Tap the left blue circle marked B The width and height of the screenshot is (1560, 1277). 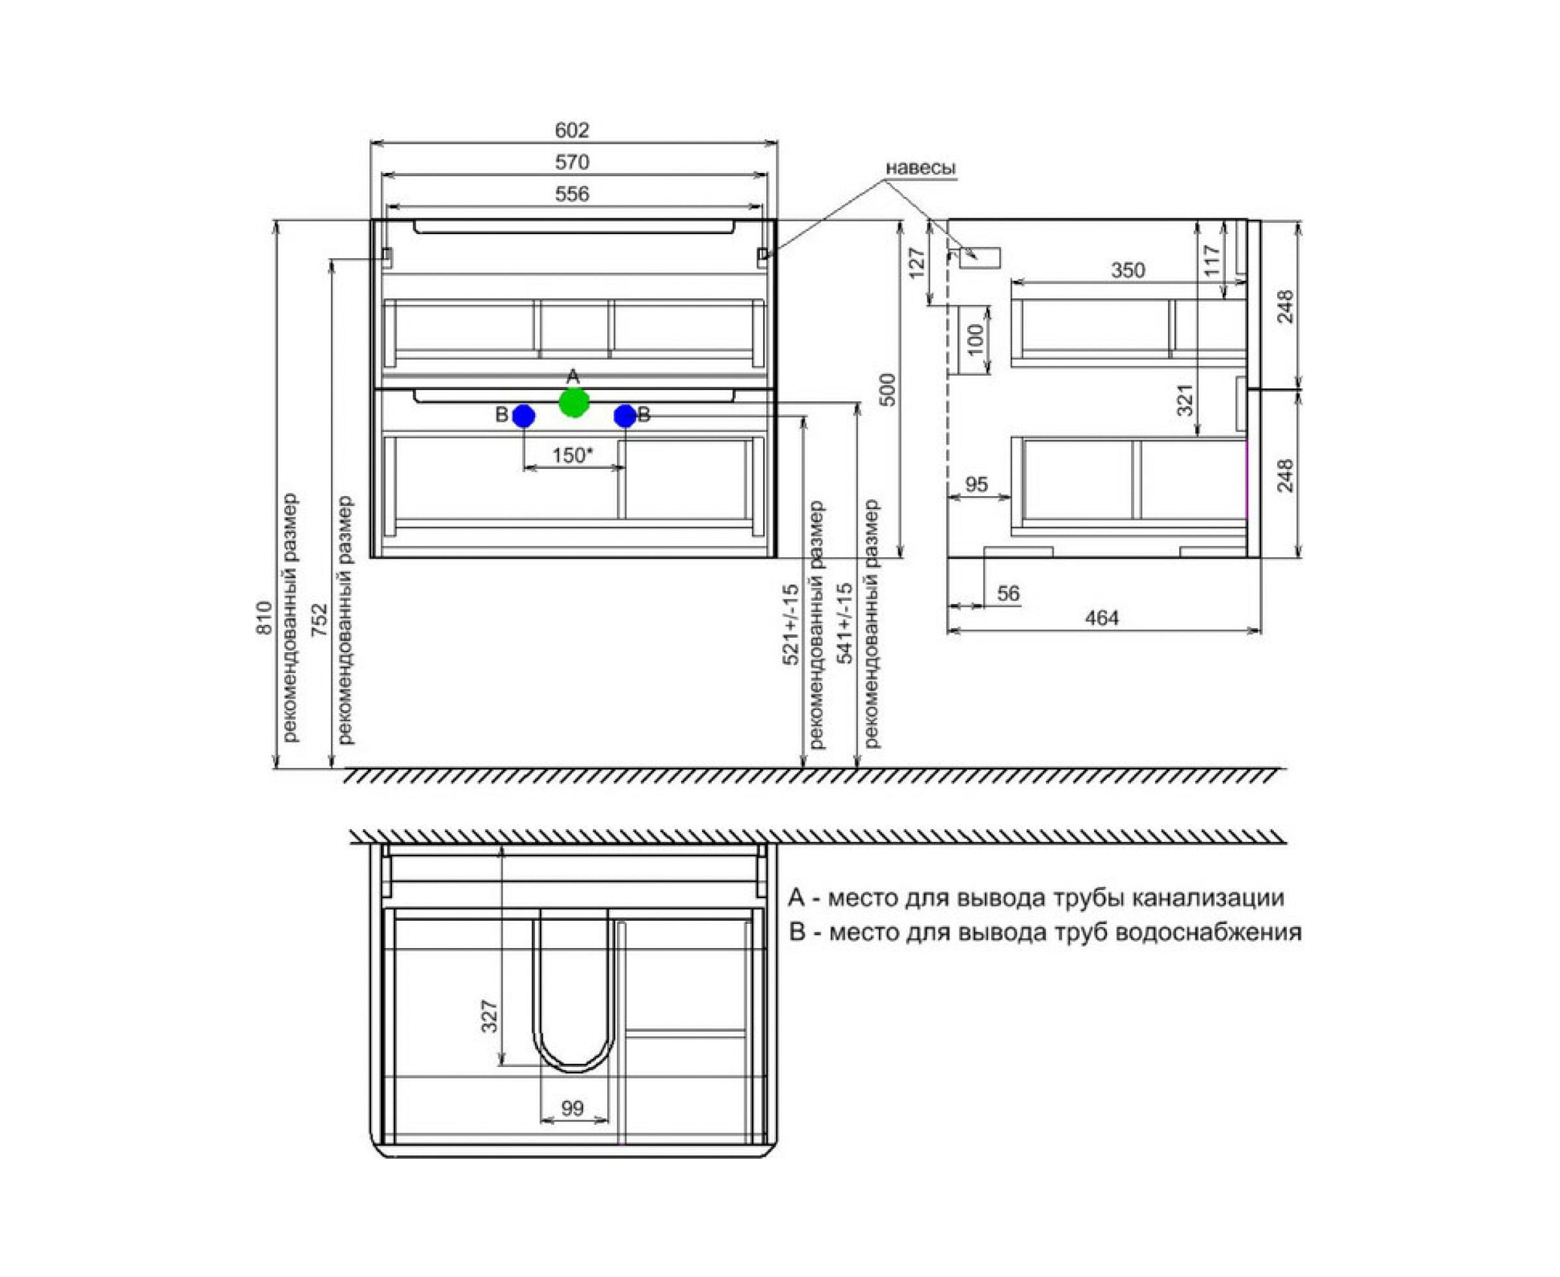pos(524,416)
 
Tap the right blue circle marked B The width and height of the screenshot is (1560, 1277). pos(625,416)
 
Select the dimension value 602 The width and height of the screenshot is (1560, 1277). pos(572,130)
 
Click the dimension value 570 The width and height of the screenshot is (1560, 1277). pos(572,162)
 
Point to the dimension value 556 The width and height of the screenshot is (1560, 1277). pos(572,194)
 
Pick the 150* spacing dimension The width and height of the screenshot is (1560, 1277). pos(572,455)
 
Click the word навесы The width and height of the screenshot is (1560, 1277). pos(920,168)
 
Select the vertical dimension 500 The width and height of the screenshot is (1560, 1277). pos(889,390)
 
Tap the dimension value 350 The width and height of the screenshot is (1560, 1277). pos(1128,270)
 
